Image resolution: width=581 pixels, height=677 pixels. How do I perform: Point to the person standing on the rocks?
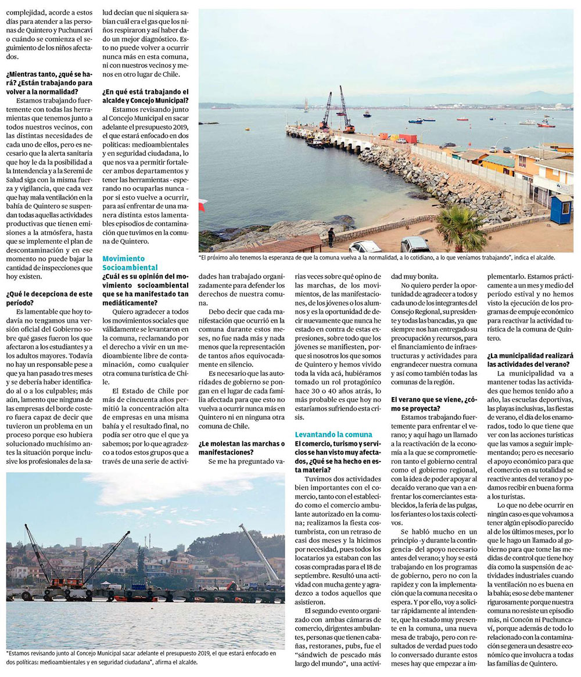331,236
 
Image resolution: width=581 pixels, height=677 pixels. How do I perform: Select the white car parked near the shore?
365,246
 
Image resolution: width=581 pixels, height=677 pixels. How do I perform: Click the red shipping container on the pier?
408,139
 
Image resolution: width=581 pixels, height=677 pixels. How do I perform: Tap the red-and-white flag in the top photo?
202,205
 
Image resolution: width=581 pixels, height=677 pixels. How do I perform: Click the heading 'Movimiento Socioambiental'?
130,262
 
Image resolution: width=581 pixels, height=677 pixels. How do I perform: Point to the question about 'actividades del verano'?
530,359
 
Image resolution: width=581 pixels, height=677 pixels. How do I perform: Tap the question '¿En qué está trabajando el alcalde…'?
145,96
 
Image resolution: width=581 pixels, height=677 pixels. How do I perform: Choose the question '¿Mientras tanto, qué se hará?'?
49,82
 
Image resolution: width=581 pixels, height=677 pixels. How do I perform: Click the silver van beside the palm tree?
415,244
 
